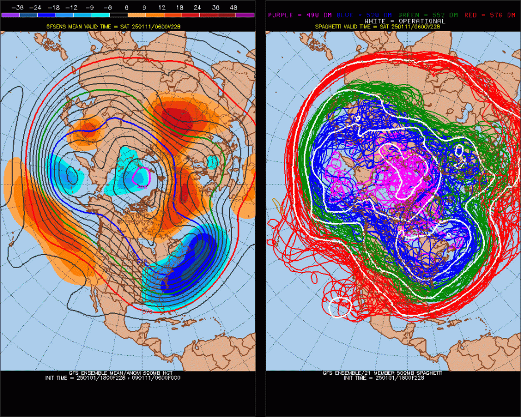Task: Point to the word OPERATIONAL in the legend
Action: (x=422, y=21)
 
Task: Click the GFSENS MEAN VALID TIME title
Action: (x=128, y=26)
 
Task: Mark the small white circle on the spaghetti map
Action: (x=340, y=307)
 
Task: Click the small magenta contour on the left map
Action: (x=140, y=177)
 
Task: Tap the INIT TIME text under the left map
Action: (x=128, y=378)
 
